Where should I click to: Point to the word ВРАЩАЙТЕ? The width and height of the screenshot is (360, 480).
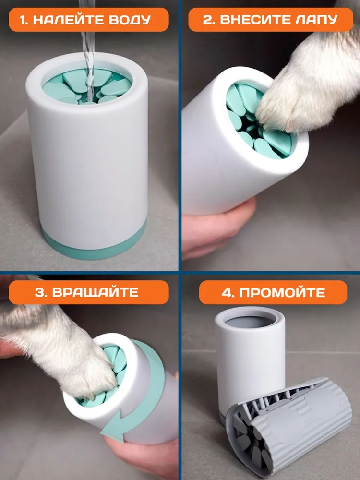95,292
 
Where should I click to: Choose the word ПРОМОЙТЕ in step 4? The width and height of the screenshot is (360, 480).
282,292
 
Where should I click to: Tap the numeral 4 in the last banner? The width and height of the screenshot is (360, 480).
226,292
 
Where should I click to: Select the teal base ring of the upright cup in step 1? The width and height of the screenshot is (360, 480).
92,245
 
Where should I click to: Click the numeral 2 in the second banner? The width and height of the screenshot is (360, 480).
208,20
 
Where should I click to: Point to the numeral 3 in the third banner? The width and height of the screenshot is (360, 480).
40,292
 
